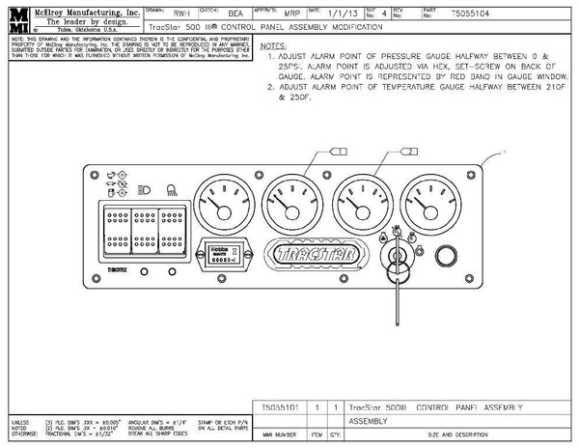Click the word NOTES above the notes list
tap(274, 45)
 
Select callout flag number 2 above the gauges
tap(411, 151)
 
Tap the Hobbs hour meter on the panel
tap(228, 253)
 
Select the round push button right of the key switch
tap(449, 255)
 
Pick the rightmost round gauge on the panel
tap(430, 204)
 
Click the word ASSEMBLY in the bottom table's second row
tap(372, 422)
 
